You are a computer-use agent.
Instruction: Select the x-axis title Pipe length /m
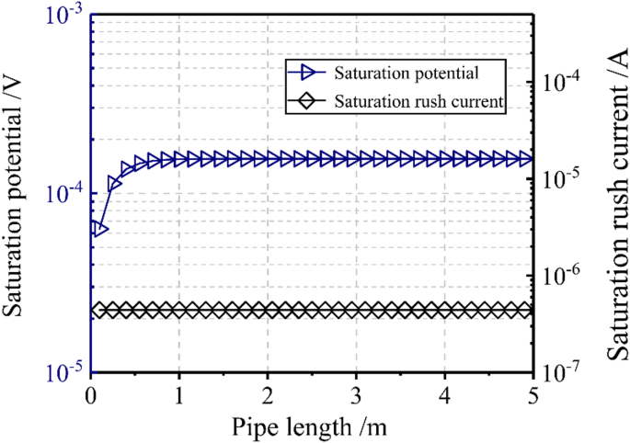click(x=311, y=425)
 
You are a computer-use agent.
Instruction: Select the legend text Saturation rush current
click(x=420, y=102)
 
